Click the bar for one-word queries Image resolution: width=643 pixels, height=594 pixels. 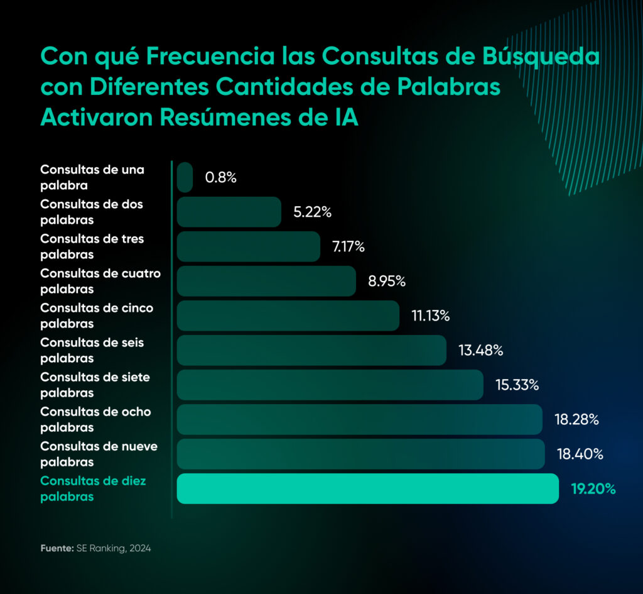[x=185, y=177]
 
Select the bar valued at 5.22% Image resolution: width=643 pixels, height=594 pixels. [x=229, y=212]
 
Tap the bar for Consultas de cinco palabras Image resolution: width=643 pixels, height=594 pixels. [x=288, y=316]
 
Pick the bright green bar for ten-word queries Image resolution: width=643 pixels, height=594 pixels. [x=367, y=488]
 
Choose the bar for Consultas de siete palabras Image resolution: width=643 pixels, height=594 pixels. [x=330, y=385]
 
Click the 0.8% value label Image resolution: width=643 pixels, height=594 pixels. [x=220, y=178]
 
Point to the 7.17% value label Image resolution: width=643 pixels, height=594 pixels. [x=349, y=246]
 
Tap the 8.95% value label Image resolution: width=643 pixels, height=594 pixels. [x=387, y=281]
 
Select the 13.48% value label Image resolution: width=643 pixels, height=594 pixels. [x=481, y=350]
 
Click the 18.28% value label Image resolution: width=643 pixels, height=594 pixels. [x=576, y=419]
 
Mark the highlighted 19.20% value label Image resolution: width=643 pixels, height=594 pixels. [x=593, y=489]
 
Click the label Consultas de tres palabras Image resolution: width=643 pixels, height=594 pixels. [x=92, y=246]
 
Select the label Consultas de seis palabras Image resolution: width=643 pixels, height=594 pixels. [x=92, y=350]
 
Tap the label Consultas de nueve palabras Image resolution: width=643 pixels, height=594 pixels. [x=99, y=454]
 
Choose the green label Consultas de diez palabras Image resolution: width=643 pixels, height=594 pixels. [x=94, y=488]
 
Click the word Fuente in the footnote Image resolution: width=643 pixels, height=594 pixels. [x=57, y=548]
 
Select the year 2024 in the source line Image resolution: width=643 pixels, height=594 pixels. [x=140, y=548]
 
